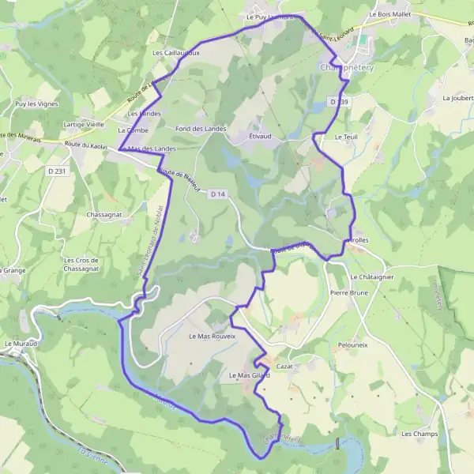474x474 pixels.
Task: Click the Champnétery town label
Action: tap(347, 69)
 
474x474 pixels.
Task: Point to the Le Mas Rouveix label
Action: tap(213, 336)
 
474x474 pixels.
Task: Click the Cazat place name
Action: tap(284, 367)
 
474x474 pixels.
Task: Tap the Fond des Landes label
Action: tap(201, 128)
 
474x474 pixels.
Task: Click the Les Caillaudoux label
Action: tap(175, 53)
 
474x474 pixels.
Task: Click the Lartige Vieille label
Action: tap(84, 125)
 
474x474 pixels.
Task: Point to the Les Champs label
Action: tap(419, 434)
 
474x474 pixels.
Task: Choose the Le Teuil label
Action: tap(346, 137)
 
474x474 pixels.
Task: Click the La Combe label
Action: tap(132, 130)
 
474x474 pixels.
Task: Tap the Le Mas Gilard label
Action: tap(249, 375)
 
